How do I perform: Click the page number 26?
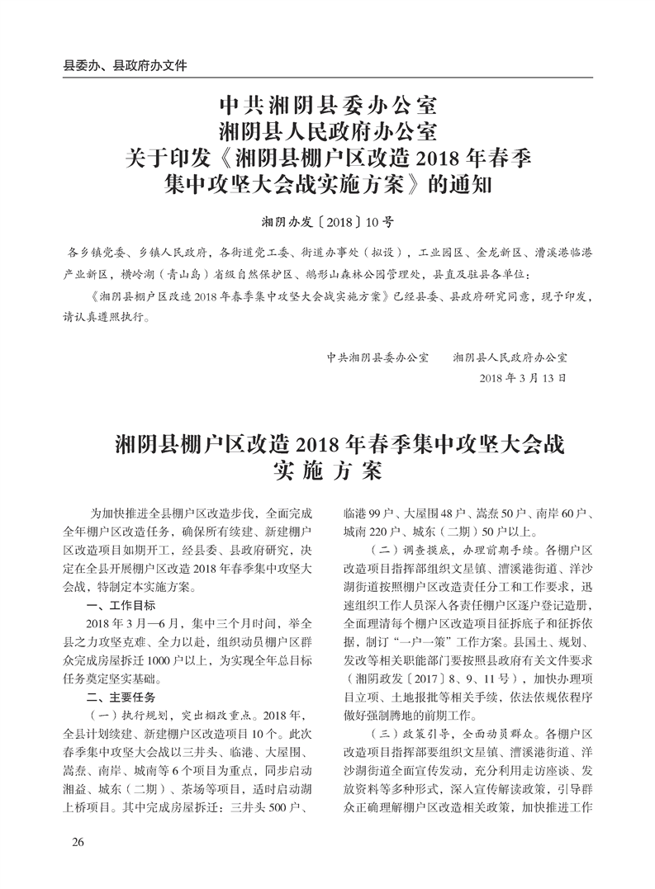[x=79, y=841]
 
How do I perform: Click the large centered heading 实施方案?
[x=327, y=472]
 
